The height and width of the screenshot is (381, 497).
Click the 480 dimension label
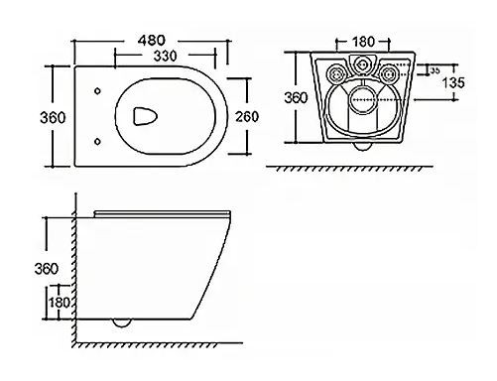(x=151, y=41)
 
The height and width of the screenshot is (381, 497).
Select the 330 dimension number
(x=165, y=56)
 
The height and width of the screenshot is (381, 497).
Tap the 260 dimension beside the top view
(x=247, y=116)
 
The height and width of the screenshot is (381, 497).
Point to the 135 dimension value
(x=453, y=82)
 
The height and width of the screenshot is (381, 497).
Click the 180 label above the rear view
(x=363, y=42)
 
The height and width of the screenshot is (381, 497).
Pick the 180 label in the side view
(x=60, y=303)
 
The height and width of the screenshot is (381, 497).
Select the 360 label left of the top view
(x=53, y=117)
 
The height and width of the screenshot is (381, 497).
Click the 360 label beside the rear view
(x=296, y=97)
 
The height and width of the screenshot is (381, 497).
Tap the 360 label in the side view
(x=47, y=269)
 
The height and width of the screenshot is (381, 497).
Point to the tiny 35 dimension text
(x=435, y=70)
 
